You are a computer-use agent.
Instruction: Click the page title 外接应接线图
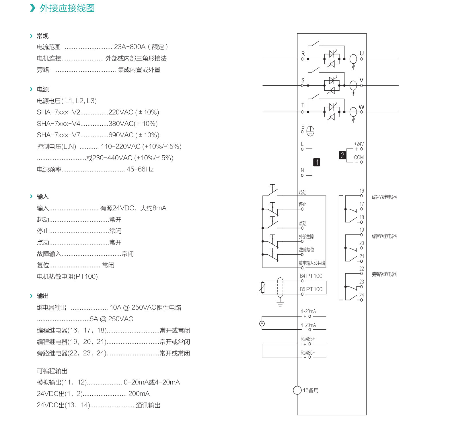tap(67, 8)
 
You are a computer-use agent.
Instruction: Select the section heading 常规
tap(43, 36)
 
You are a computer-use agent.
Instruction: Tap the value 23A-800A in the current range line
tap(130, 47)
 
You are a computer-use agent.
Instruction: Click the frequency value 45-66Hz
tap(140, 169)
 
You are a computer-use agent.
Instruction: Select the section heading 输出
tap(43, 296)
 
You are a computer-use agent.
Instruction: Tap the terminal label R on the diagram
tap(303, 54)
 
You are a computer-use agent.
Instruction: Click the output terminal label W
tap(361, 107)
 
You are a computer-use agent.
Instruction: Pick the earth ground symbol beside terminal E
tap(310, 131)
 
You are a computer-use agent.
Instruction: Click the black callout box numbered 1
tap(317, 162)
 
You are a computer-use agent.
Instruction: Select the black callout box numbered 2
tap(342, 155)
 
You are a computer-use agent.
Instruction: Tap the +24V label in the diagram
tap(359, 144)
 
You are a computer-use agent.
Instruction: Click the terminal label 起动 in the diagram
tap(303, 192)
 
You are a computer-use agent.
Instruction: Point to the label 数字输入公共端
tap(312, 263)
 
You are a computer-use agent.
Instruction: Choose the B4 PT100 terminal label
tap(311, 276)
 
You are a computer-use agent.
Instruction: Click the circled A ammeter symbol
tap(262, 324)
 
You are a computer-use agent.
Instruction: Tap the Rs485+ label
tap(308, 339)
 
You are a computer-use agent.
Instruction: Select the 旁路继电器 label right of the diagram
tap(384, 274)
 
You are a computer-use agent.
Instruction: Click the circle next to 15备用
tap(297, 390)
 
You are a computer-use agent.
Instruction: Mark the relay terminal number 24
tap(362, 295)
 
